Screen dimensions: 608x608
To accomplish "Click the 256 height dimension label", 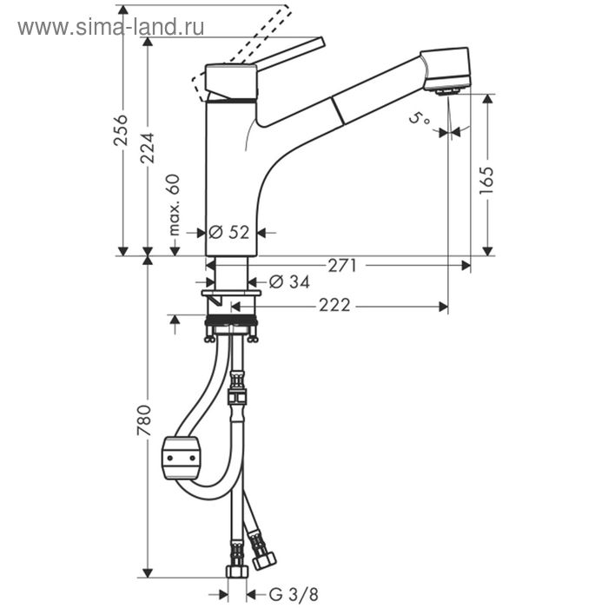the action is click(x=121, y=130).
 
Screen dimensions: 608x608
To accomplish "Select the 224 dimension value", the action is click(x=148, y=148).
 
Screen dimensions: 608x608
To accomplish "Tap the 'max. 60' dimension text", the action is click(x=175, y=205).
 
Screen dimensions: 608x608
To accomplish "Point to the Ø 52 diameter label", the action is click(x=228, y=232).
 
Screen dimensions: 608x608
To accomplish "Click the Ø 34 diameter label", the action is click(x=289, y=281).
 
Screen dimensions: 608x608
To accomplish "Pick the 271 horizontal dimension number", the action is click(x=342, y=266).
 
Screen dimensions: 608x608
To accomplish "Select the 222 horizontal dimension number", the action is click(x=334, y=305).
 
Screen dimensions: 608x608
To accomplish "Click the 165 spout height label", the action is click(x=486, y=181).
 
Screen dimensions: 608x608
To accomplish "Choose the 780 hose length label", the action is click(x=144, y=420).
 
